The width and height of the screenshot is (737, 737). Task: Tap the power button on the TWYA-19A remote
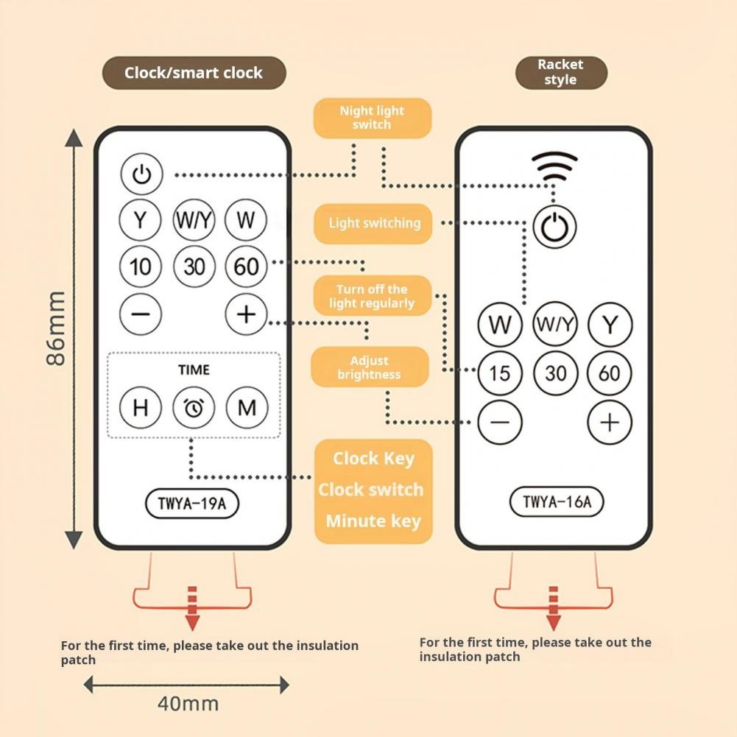coord(141,174)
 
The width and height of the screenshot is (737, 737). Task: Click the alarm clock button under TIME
coord(194,407)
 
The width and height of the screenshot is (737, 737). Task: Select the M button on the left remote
coord(247,407)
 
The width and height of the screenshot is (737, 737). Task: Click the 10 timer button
coord(140,267)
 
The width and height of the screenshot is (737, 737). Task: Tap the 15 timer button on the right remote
coord(500,373)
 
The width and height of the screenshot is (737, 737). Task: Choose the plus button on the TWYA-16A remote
coord(610,423)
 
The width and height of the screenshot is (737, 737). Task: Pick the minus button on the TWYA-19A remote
coord(140,314)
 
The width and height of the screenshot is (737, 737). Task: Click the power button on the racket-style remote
coord(554,227)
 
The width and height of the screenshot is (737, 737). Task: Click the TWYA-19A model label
coord(192,504)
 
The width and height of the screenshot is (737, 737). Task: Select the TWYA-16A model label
coord(557,501)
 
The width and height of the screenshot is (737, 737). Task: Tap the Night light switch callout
coord(373,118)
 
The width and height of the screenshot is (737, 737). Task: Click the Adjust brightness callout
coord(370,367)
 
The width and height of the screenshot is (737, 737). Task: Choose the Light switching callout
coord(373,223)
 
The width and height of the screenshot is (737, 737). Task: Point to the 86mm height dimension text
coord(56,328)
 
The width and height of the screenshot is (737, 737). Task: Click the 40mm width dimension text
coord(188,704)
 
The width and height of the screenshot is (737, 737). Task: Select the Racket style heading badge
coord(561,72)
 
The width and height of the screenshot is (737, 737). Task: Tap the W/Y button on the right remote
coord(554,324)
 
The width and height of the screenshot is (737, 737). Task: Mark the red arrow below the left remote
coord(191,608)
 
